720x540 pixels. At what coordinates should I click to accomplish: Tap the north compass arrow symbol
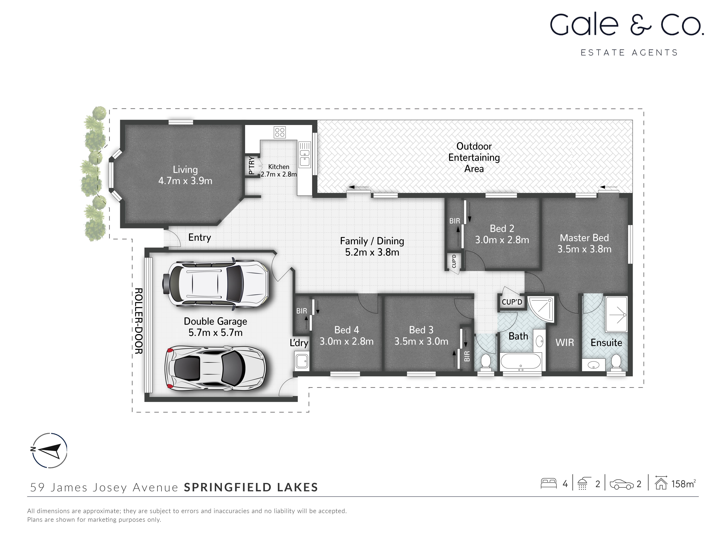pyautogui.click(x=50, y=450)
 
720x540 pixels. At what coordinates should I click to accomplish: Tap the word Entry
pyautogui.click(x=200, y=237)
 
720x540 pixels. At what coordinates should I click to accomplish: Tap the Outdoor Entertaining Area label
pyautogui.click(x=474, y=158)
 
